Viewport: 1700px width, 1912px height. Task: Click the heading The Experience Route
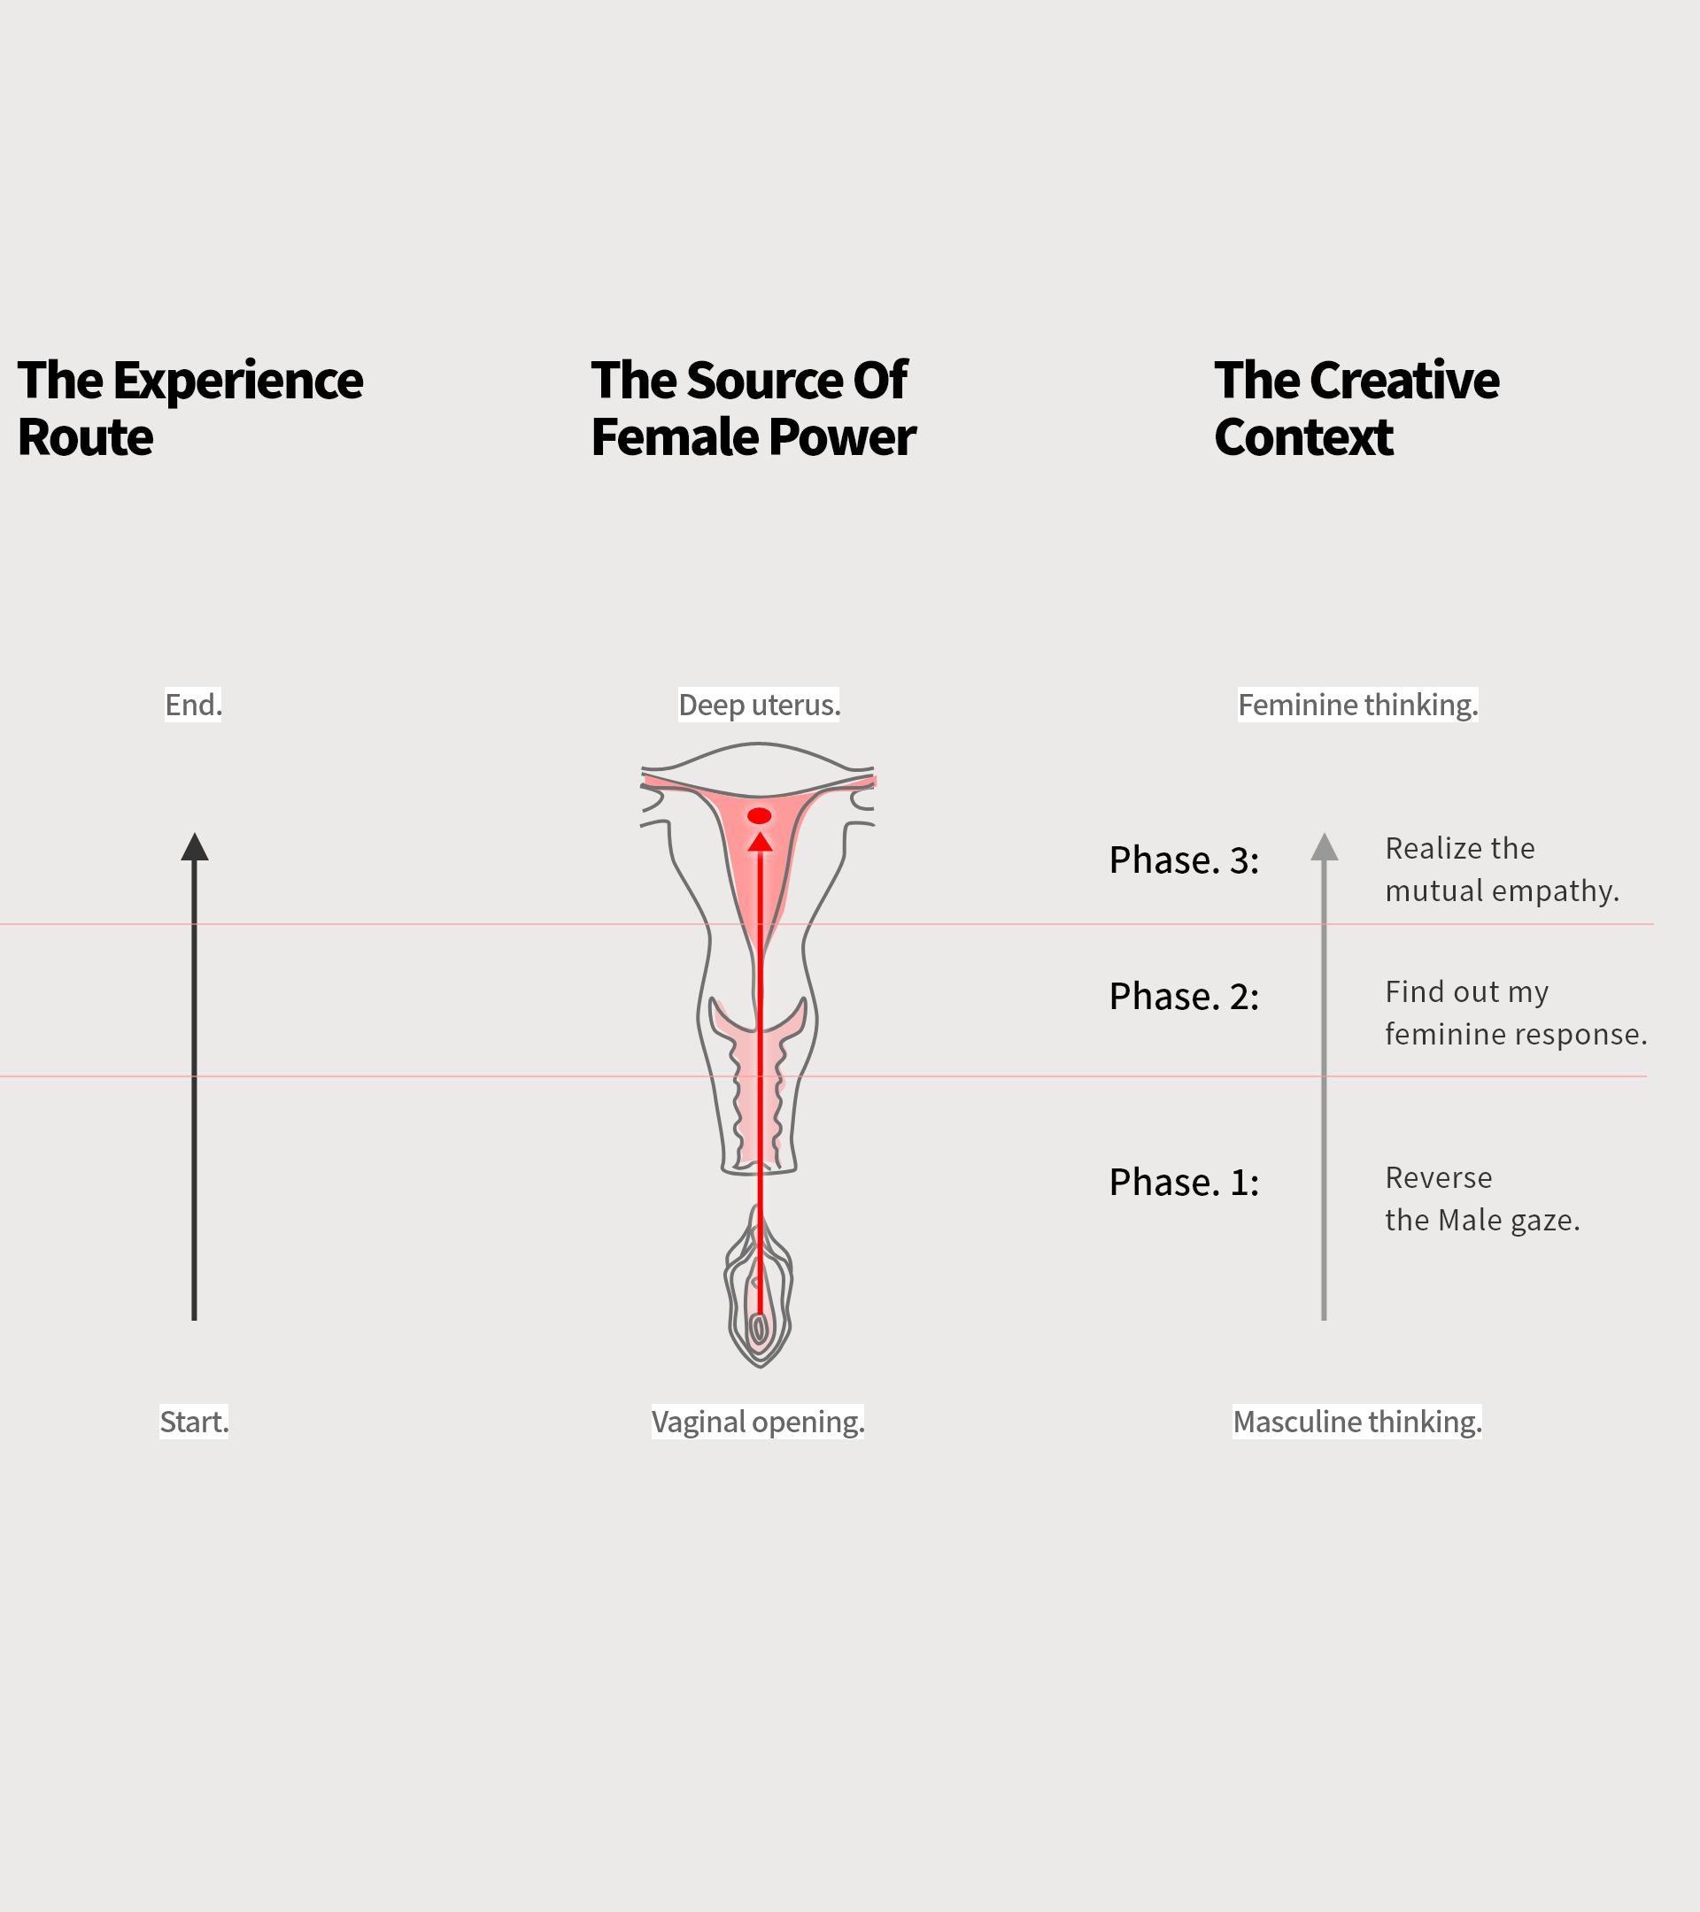(190, 408)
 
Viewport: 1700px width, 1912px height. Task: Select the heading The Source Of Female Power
(753, 408)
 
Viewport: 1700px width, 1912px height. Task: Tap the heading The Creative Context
(1356, 408)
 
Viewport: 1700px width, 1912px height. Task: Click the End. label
(194, 705)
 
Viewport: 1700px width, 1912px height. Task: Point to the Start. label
(194, 1422)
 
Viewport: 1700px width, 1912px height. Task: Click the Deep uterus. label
(759, 705)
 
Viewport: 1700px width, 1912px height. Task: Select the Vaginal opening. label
(758, 1422)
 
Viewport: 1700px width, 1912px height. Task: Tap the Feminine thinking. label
(1357, 705)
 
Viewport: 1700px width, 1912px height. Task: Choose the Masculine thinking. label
(1356, 1422)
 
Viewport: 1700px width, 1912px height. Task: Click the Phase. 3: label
(1184, 860)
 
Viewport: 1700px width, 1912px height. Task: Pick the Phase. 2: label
(1184, 997)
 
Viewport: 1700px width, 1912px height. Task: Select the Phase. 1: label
(1184, 1183)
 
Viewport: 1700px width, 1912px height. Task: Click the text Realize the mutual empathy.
(1501, 869)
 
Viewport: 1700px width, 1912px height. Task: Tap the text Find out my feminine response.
(1516, 1012)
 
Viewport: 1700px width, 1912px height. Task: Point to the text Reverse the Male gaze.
(1482, 1199)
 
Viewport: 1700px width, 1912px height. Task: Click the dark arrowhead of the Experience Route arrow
(195, 847)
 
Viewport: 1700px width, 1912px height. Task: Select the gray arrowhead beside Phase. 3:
(1324, 847)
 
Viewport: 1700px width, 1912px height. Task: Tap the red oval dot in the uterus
(759, 815)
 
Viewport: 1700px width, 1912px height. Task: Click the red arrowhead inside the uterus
(760, 842)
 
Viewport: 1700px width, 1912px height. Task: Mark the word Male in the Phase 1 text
(1470, 1220)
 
